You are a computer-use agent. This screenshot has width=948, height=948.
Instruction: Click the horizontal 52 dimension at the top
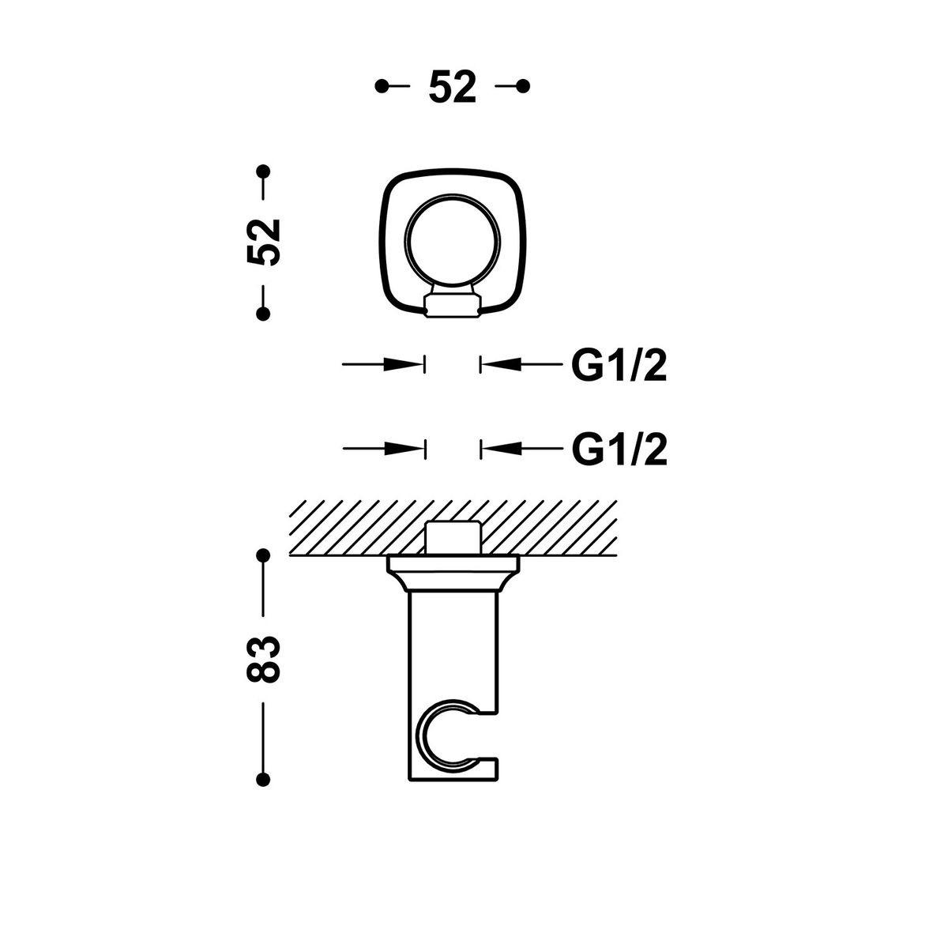(452, 86)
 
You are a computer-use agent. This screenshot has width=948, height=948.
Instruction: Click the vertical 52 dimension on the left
(264, 242)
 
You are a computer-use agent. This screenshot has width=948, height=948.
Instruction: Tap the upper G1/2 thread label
(619, 365)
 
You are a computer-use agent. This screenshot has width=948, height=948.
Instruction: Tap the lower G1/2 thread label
(619, 450)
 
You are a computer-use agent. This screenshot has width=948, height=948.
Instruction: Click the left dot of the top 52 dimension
(382, 86)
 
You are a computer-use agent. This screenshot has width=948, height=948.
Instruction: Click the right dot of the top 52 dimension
(523, 86)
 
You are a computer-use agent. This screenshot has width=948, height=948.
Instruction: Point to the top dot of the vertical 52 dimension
(263, 171)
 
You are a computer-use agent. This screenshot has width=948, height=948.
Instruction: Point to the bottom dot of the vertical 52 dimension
(263, 314)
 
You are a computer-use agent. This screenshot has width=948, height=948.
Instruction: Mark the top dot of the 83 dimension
(263, 555)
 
